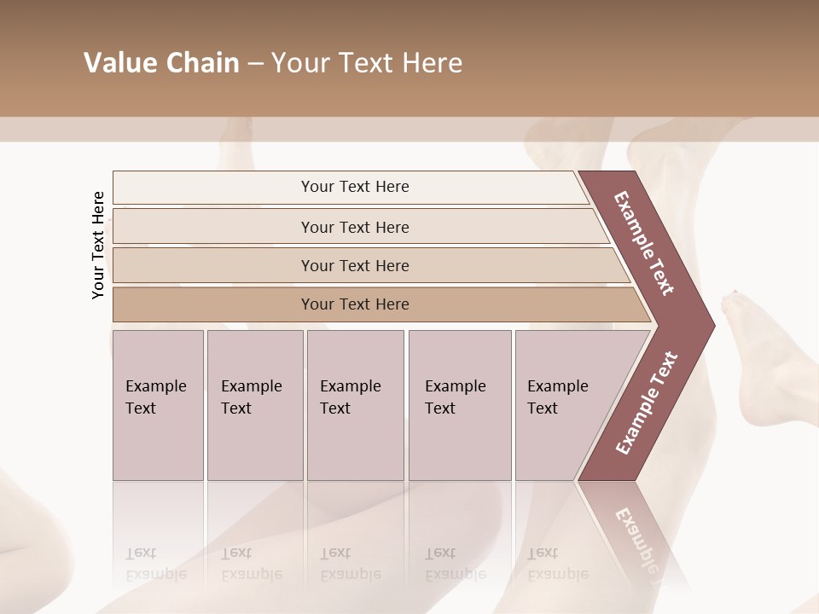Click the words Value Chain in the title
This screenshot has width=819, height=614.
click(161, 63)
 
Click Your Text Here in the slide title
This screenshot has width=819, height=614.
click(367, 63)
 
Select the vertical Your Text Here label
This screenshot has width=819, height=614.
click(98, 245)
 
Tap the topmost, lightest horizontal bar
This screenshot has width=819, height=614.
click(354, 187)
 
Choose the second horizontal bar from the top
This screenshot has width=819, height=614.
click(354, 227)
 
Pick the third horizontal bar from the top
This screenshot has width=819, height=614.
click(354, 265)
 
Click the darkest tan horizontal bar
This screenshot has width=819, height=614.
click(354, 304)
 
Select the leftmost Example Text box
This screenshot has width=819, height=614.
click(158, 405)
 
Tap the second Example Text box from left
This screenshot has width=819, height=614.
click(254, 405)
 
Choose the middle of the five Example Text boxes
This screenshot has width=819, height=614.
click(355, 405)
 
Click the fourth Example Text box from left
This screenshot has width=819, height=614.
click(460, 405)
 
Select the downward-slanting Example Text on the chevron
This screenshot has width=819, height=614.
click(644, 243)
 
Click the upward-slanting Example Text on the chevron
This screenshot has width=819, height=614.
click(647, 403)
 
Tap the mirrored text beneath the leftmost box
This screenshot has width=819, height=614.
click(156, 564)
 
